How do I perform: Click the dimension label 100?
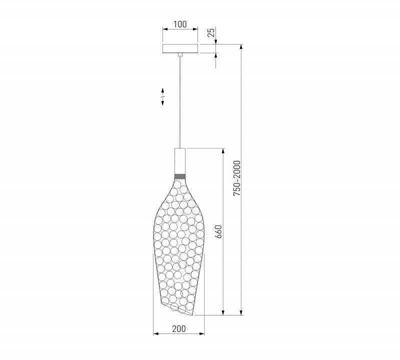point(180,24)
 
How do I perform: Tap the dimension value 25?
point(211,32)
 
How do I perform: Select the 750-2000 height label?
point(237,178)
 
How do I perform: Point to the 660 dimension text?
point(218,231)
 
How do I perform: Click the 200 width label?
point(179,329)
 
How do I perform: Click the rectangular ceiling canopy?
point(180,48)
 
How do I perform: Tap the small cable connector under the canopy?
point(180,54)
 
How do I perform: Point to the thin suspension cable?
point(180,102)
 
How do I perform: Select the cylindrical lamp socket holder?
point(180,161)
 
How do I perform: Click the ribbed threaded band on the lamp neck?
point(180,176)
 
